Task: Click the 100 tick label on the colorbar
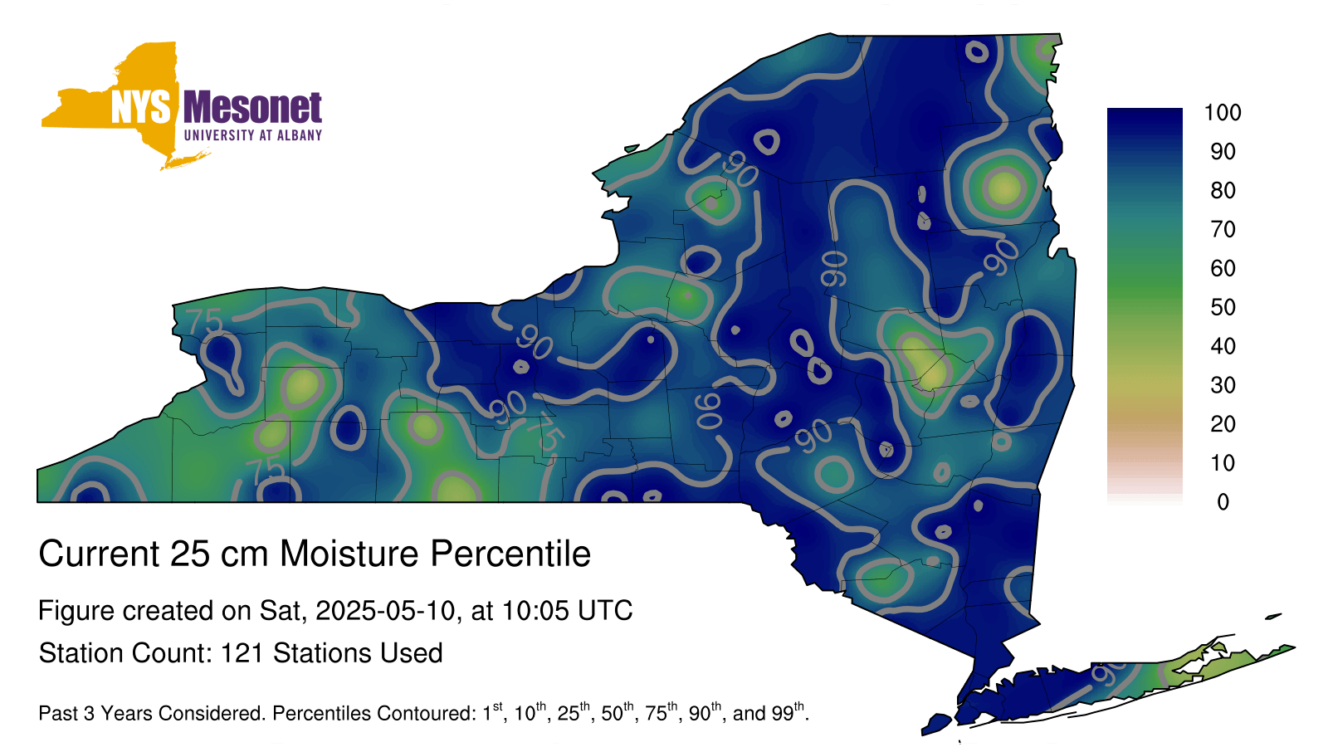coord(1223,113)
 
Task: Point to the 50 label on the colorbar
coord(1223,307)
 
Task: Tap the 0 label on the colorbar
coord(1223,502)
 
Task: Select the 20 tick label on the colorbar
coord(1223,424)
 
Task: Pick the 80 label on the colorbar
coord(1223,190)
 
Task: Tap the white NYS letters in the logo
coord(140,107)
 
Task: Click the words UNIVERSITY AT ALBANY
coord(253,135)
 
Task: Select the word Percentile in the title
coord(510,554)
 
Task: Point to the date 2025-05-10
coord(385,611)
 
